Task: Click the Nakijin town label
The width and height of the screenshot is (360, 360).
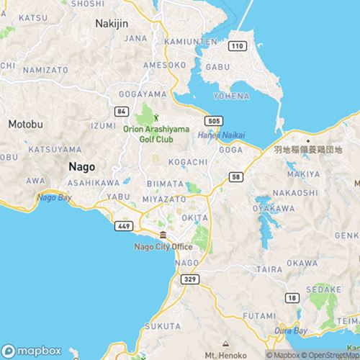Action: pos(111,23)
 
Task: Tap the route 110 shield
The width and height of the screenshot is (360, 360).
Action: pos(237,46)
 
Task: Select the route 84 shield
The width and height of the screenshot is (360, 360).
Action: pos(122,111)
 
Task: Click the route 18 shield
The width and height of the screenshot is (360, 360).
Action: pos(291,297)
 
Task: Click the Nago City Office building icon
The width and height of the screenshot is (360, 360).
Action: pos(163,236)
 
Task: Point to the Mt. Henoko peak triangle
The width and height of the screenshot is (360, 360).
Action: pos(225,344)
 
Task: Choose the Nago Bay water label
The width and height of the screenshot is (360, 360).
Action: pos(55,197)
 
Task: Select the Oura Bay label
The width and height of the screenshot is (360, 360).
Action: pos(292,331)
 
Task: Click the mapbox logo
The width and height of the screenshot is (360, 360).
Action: pos(31,349)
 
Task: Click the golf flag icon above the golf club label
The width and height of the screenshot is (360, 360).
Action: pos(155,118)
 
